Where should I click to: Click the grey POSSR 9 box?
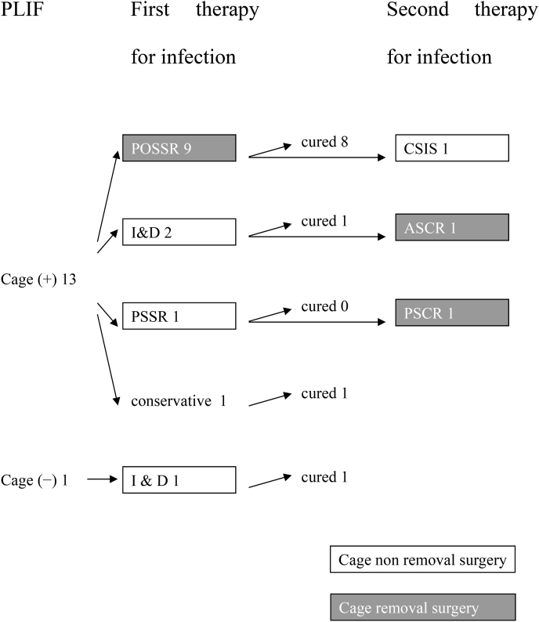[179, 147]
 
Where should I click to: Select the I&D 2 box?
[179, 232]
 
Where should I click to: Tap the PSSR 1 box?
[179, 316]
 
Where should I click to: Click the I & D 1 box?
[179, 479]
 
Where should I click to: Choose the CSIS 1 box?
[453, 147]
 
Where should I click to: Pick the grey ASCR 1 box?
[453, 227]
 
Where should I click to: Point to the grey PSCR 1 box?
[453, 312]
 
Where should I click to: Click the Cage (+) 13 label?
[38, 280]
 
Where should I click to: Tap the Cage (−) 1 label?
[35, 480]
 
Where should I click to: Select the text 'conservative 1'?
[179, 401]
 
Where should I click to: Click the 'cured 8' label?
[324, 142]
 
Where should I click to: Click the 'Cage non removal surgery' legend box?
[422, 560]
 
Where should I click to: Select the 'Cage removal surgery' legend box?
[422, 607]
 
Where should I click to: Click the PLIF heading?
[18, 12]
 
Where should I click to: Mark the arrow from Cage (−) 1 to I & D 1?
[101, 479]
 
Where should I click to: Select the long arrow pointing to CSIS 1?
[317, 157]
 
